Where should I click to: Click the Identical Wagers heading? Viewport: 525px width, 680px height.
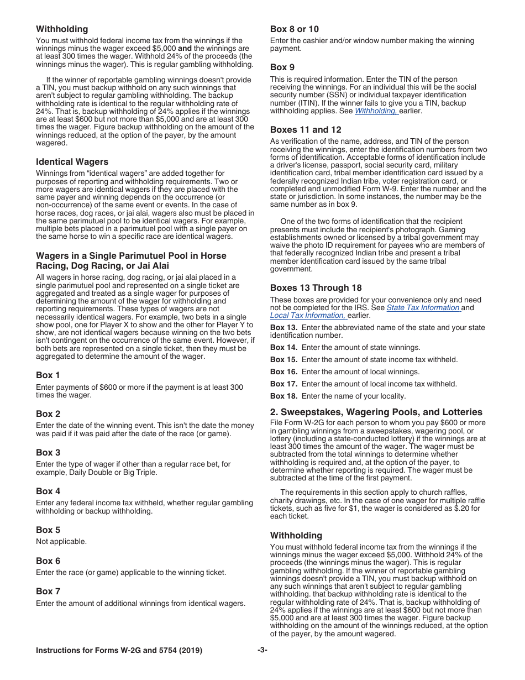(x=72, y=162)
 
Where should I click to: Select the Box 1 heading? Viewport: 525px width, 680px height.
(x=48, y=375)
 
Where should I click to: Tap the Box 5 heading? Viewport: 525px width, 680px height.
(x=48, y=530)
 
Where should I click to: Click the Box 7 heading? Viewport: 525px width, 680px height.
(x=48, y=591)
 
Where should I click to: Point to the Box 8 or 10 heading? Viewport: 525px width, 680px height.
(x=294, y=29)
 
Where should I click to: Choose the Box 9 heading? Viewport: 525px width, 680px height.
(x=282, y=67)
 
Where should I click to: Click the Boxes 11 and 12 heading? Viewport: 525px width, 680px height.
(x=306, y=130)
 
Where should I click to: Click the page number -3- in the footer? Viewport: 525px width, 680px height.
(x=262, y=651)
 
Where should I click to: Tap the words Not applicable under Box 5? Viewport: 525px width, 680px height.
(x=61, y=542)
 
